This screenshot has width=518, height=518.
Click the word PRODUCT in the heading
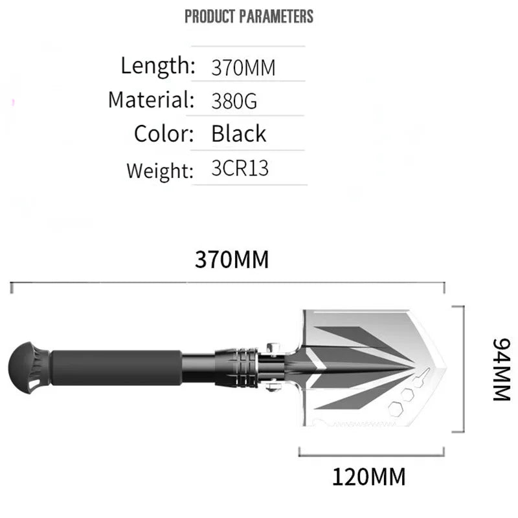[x=210, y=16]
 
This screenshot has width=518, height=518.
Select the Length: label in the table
[x=157, y=65]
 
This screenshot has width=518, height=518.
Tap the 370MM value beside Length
[x=243, y=67]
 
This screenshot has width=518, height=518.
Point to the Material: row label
[x=151, y=100]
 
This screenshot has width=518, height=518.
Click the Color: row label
[x=164, y=134]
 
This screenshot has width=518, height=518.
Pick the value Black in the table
[x=238, y=134]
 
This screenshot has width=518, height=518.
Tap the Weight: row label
[x=160, y=170]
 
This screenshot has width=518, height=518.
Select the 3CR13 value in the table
[x=240, y=169]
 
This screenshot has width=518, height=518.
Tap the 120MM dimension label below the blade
[x=368, y=477]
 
